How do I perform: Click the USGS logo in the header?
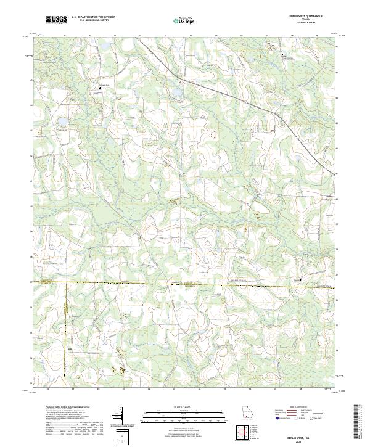[56, 20]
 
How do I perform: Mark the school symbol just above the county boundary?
[301, 279]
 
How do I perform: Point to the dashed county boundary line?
[185, 284]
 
